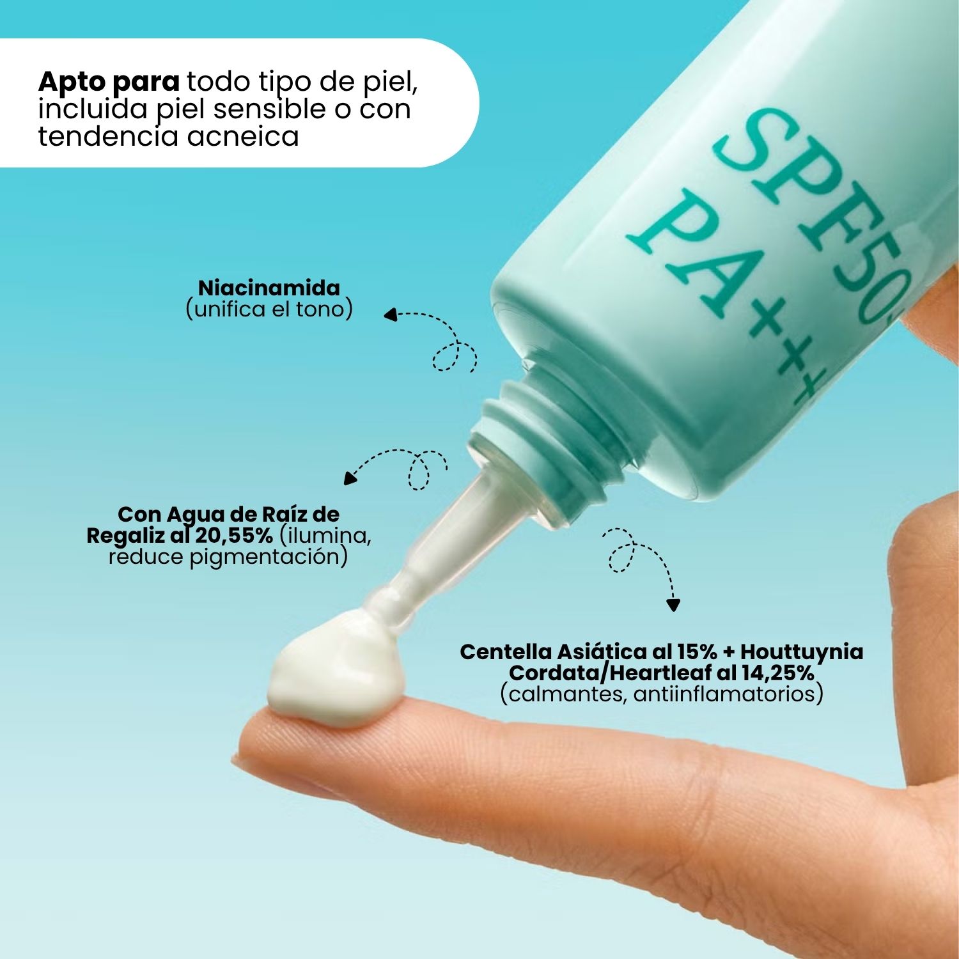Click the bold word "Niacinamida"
269,288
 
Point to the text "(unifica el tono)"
269,309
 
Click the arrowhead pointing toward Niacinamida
390,314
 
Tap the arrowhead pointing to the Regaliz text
350,478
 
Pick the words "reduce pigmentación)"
228,557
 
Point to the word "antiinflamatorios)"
728,694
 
